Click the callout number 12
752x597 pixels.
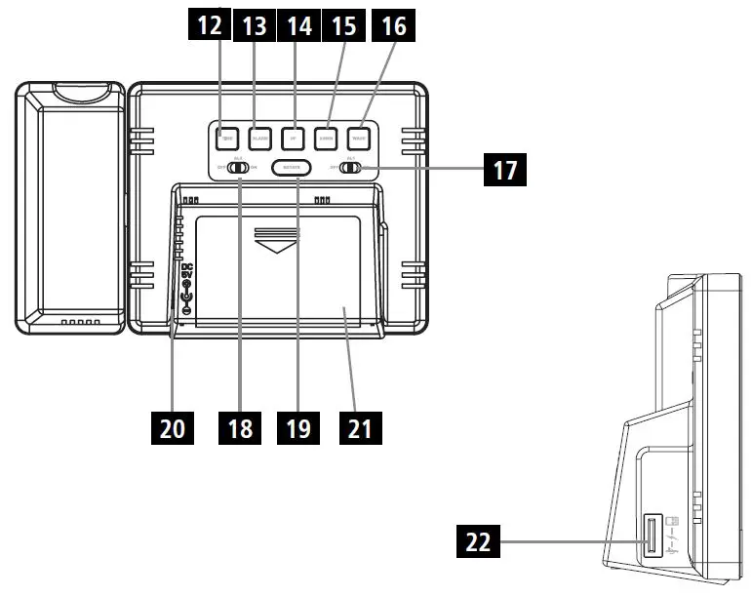coord(210,25)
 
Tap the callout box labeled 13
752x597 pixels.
coord(255,25)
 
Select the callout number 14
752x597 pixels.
coord(299,25)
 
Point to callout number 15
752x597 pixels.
coord(345,25)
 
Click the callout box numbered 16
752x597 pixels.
coord(393,25)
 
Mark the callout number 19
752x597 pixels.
coord(297,427)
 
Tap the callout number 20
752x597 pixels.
coord(177,427)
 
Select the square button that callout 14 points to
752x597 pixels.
coord(293,139)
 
